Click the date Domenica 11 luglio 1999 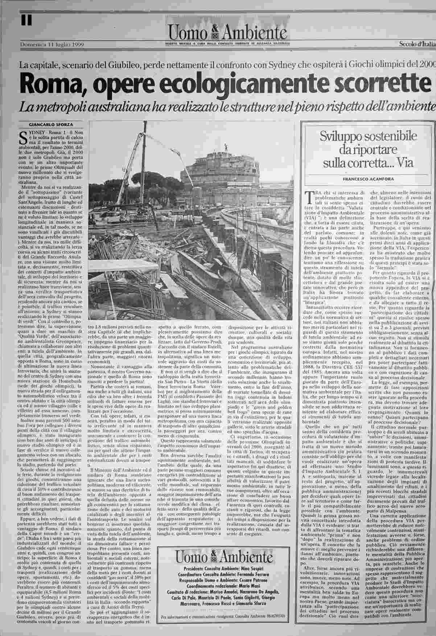point(52,44)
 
